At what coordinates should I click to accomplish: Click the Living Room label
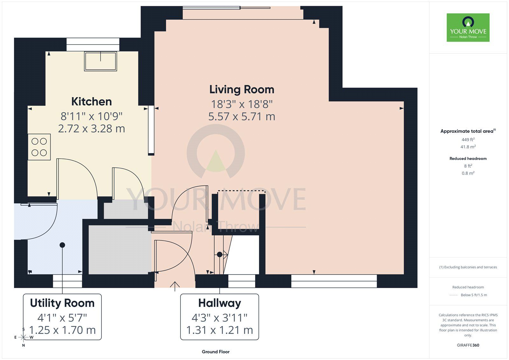point(241,90)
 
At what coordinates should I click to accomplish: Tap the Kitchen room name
point(92,102)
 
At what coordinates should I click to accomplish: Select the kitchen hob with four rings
point(39,147)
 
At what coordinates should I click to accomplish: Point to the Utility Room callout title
point(62,303)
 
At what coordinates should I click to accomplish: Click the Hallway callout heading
point(220,303)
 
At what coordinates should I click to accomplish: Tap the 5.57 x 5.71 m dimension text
point(241,116)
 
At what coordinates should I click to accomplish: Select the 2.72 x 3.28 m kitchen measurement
point(92,129)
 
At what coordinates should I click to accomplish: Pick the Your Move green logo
point(468,27)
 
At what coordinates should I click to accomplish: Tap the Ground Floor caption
point(215,352)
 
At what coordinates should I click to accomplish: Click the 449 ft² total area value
point(468,139)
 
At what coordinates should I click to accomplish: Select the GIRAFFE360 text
point(468,345)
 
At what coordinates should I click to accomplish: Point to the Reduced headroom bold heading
point(468,159)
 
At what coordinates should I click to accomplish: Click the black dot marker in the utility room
point(62,245)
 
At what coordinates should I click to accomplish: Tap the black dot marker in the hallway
point(220,254)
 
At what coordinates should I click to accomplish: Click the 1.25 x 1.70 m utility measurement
point(62,330)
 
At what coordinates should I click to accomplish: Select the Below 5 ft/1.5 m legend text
point(474,295)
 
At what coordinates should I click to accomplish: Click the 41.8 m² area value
point(468,147)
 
